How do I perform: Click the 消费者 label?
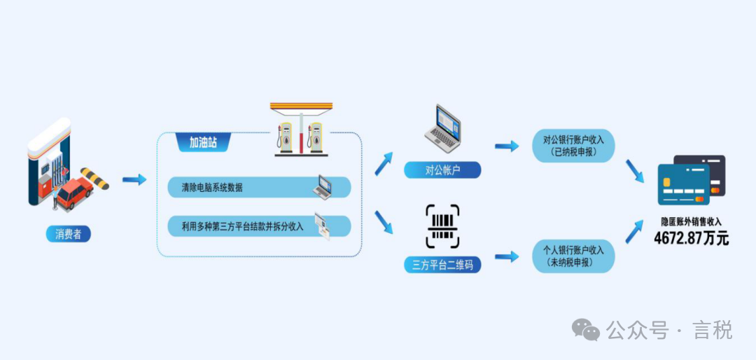coord(68,234)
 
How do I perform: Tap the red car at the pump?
coord(74,193)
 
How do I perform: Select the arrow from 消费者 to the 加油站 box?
coord(134,180)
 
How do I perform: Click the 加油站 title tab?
coord(202,143)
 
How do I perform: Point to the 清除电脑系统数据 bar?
coord(259,187)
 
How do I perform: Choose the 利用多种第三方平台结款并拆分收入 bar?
coord(259,226)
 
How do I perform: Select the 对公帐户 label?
coord(442,169)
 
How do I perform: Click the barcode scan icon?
coord(442,226)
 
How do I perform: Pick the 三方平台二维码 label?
coord(442,265)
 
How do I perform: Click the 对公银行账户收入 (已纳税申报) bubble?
coord(573,146)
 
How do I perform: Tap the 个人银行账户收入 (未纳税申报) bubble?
coord(573,256)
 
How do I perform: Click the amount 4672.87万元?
coord(691,239)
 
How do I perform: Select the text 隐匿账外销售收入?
coord(691,221)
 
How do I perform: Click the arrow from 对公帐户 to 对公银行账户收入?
coord(507,146)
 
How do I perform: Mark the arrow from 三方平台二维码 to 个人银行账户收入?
coord(507,256)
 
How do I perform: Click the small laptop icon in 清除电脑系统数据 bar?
coord(323,186)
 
